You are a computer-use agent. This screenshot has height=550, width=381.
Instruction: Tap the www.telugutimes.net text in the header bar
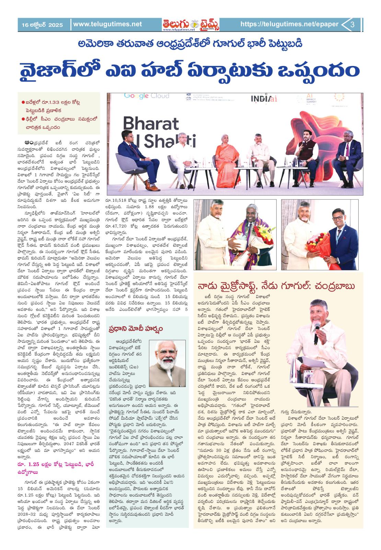[107, 24]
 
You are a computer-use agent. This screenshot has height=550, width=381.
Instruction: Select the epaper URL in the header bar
[289, 24]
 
